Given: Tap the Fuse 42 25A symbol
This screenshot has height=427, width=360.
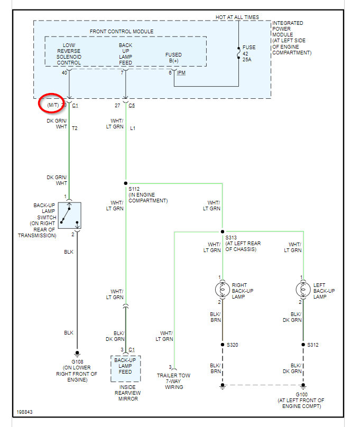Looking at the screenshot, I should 238,53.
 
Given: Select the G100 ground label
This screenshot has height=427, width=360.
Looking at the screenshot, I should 301,394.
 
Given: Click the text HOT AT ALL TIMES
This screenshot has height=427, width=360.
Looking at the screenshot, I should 237,17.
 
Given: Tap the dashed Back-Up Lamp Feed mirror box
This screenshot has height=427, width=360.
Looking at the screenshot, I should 126,368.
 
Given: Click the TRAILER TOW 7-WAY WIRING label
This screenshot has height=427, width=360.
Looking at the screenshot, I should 174,381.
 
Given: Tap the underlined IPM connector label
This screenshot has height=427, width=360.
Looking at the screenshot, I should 181,72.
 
